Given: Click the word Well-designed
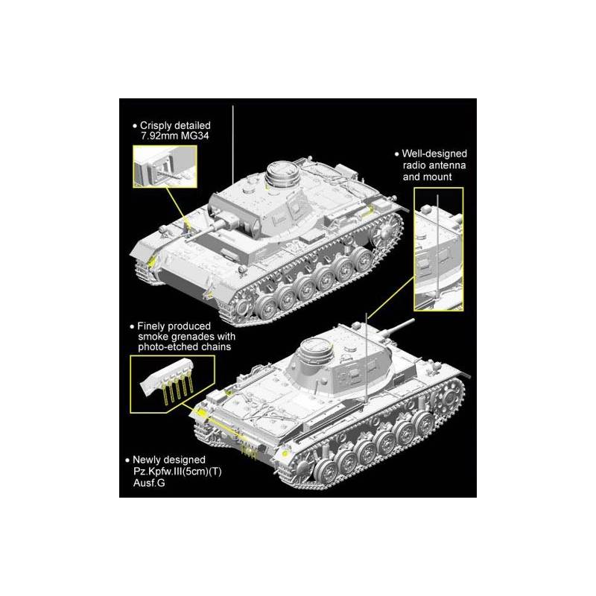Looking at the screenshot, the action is click(434, 153).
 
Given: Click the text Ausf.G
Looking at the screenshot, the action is click(149, 483).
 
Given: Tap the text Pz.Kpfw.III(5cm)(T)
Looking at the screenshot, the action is click(177, 472).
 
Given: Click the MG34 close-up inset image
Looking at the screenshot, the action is click(165, 166).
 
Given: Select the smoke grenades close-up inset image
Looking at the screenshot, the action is click(172, 384).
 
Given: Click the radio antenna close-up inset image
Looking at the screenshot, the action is click(438, 249).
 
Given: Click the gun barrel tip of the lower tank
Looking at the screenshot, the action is click(413, 321).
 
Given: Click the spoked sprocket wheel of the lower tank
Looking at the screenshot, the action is click(448, 398).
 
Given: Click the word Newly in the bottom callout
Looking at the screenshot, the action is click(145, 460).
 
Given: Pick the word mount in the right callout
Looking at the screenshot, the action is click(438, 177).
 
